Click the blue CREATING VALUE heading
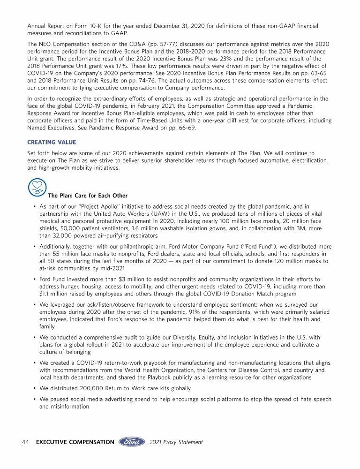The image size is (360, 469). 52,142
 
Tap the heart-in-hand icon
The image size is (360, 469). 37,187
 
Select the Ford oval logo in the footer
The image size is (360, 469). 132,442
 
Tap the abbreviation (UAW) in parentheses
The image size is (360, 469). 154,214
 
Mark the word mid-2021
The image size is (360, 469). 113,268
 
